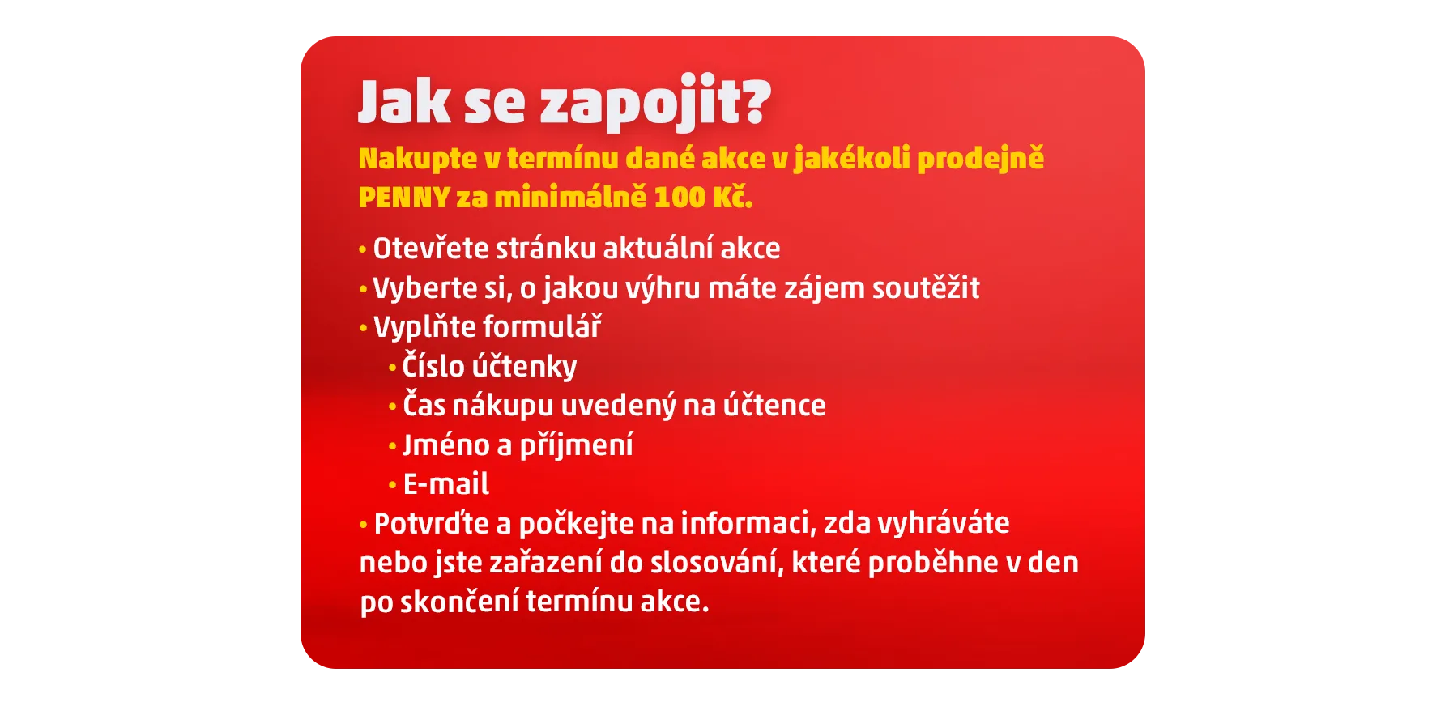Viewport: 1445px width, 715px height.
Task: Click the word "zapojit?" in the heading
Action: (655, 103)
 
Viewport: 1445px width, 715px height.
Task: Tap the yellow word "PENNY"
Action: (404, 198)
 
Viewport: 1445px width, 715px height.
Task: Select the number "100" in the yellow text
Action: (680, 198)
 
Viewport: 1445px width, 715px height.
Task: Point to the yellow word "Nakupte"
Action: (418, 160)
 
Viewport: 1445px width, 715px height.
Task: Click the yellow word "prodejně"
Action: (980, 158)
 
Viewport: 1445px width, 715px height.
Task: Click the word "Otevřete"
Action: (430, 249)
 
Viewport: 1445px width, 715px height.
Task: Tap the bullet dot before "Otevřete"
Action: (363, 250)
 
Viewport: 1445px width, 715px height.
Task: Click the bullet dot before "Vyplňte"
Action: (363, 329)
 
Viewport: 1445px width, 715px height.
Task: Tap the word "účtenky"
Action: (524, 367)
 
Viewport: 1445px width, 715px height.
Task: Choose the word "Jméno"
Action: (446, 445)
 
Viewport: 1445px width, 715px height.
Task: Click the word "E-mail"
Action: (446, 484)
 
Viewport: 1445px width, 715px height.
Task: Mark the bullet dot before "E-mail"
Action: (393, 486)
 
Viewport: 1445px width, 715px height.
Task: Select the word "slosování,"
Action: (718, 563)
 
